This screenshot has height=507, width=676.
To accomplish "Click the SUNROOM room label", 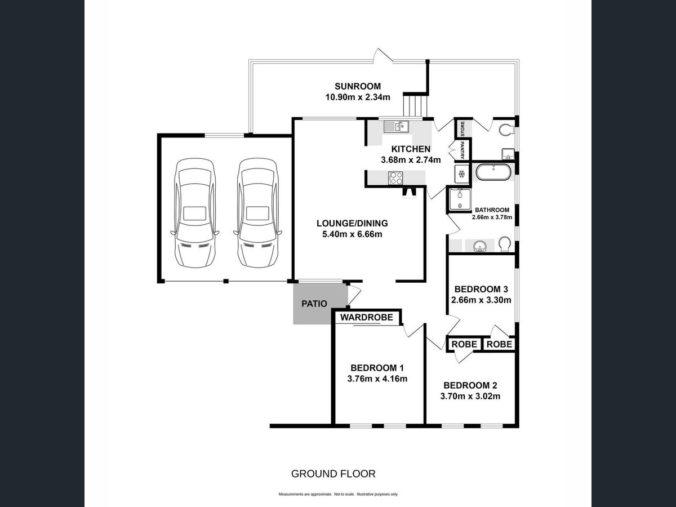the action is coord(358,86).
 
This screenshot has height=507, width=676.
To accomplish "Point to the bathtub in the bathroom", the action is coord(493,172).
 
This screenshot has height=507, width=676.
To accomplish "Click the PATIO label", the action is coord(314,304).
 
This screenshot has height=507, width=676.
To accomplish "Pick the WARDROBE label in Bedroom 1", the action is coord(367,317).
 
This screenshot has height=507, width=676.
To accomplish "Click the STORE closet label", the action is coord(462,128).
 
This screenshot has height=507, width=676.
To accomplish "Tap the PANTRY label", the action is coord(462,150).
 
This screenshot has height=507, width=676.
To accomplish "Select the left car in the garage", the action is coord(195,213).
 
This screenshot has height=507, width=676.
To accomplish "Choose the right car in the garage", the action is coord(258,213).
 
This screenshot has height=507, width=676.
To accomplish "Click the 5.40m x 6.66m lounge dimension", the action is coord(352,234).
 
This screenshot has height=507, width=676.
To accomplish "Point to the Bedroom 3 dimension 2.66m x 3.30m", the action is coord(481,300).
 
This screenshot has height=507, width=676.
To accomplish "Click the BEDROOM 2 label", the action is coord(470,385).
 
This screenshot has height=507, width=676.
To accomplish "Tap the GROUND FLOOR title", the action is coord(333,474).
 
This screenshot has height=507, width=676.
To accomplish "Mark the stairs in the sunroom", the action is coord(416,105).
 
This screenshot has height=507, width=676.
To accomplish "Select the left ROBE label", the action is coord(464,344).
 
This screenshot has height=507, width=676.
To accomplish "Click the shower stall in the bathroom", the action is coord(460,199).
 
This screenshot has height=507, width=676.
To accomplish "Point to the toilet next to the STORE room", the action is coord(506,130).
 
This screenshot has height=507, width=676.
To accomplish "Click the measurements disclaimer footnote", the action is coord(338,495).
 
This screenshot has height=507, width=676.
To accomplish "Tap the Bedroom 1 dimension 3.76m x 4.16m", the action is coord(377,379).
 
